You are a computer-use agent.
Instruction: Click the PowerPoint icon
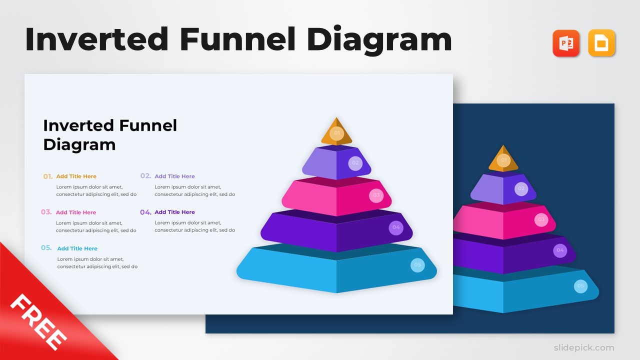pyautogui.click(x=566, y=43)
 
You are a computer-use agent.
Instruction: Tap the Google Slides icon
pyautogui.click(x=601, y=43)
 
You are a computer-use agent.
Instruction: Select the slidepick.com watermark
pyautogui.click(x=583, y=347)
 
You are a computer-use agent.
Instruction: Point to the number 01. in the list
pyautogui.click(x=48, y=176)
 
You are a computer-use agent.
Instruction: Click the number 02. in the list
pyautogui.click(x=145, y=176)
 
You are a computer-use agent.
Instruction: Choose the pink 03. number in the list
pyautogui.click(x=46, y=212)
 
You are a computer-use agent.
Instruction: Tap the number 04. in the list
pyautogui.click(x=145, y=212)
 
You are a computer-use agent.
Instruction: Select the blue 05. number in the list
pyautogui.click(x=46, y=248)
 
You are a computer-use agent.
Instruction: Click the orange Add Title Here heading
pyautogui.click(x=76, y=176)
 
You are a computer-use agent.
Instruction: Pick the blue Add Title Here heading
pyautogui.click(x=77, y=248)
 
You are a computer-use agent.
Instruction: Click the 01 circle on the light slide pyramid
pyautogui.click(x=336, y=133)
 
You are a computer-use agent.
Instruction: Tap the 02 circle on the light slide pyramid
pyautogui.click(x=355, y=163)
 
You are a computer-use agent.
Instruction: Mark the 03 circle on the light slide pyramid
pyautogui.click(x=376, y=195)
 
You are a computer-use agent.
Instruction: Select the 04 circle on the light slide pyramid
pyautogui.click(x=396, y=227)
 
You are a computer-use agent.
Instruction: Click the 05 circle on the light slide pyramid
pyautogui.click(x=417, y=265)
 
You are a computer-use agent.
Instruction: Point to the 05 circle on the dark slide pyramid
pyautogui.click(x=580, y=286)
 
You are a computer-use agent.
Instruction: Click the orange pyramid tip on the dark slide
pyautogui.click(x=503, y=159)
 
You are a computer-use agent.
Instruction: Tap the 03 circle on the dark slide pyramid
pyautogui.click(x=541, y=219)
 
